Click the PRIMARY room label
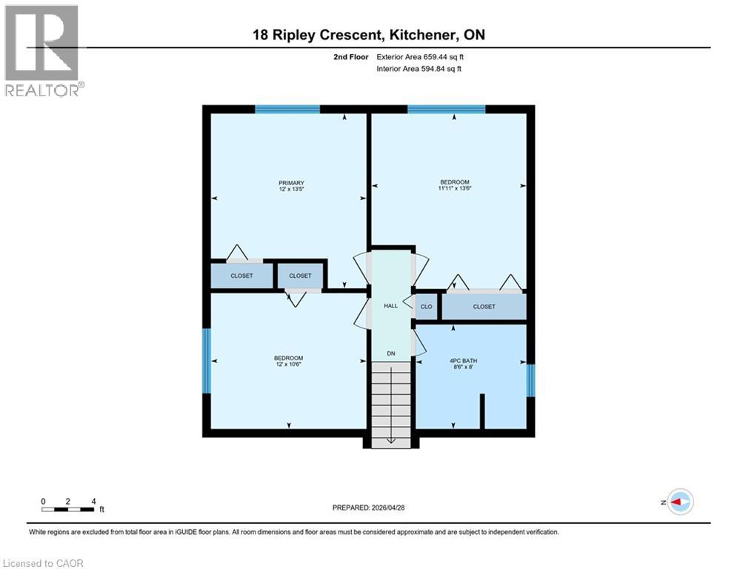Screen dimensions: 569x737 pyautogui.click(x=291, y=183)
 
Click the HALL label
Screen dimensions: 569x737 pyautogui.click(x=390, y=305)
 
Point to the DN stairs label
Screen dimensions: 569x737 pyautogui.click(x=390, y=353)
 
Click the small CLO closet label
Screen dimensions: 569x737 pyautogui.click(x=426, y=306)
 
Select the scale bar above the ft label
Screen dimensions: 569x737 pyautogui.click(x=67, y=509)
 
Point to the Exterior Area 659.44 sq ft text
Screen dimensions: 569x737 pyautogui.click(x=420, y=56)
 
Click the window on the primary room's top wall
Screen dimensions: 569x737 pyautogui.click(x=287, y=110)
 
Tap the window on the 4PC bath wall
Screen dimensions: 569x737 pyautogui.click(x=530, y=379)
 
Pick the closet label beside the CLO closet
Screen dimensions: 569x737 pyautogui.click(x=484, y=306)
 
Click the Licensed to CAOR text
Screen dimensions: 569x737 pyautogui.click(x=44, y=563)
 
